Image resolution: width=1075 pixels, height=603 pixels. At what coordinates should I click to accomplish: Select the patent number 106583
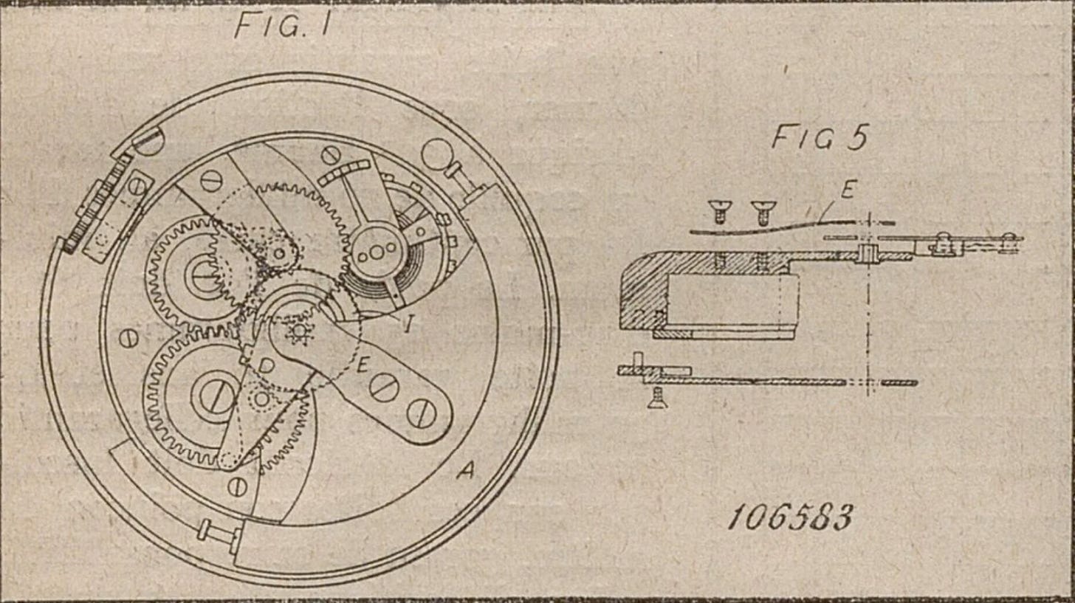tap(789, 517)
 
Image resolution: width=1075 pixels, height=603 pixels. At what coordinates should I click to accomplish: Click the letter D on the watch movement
tap(267, 365)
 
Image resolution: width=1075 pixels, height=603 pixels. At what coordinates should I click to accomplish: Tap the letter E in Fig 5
tap(847, 191)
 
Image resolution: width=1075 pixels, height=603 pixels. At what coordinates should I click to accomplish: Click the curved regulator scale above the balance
tap(344, 173)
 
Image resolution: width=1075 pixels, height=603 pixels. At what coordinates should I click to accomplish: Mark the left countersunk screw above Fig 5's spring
tap(715, 212)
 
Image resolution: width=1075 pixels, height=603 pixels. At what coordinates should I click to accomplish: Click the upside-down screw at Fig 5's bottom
tap(653, 399)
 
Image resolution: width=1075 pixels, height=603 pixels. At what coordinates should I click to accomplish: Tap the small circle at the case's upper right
tap(436, 156)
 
